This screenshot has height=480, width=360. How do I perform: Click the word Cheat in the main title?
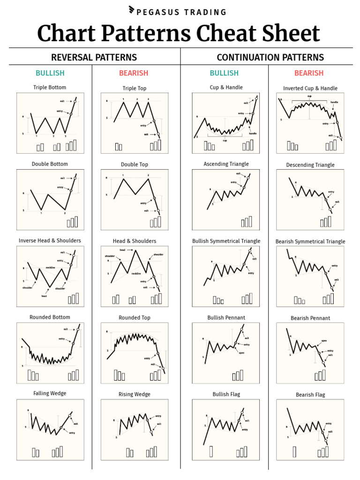pos(225,34)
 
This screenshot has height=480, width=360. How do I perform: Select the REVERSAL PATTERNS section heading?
pos(94,57)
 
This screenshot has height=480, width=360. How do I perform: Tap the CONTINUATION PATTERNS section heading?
pos(270,57)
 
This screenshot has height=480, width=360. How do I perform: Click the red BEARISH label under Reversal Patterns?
pos(134,73)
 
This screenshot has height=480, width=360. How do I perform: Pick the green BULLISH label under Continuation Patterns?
pos(224,73)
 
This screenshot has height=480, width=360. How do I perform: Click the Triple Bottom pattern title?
pos(50,87)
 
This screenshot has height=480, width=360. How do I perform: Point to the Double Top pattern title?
pos(135,165)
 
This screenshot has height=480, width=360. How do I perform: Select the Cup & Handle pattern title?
pos(226,87)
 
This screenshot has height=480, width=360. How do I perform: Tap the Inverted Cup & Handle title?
pos(310,88)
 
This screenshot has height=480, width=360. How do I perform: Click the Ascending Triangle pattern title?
pos(226,164)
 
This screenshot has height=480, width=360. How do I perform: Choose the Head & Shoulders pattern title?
pos(135,241)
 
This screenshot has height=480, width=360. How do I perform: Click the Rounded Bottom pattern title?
pos(50,317)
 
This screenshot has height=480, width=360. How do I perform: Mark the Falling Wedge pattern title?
pos(50,393)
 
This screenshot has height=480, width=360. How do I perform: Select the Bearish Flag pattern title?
pos(310,395)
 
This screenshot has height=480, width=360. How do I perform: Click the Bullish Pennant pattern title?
pos(226,317)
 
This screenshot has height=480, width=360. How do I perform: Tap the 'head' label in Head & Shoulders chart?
pos(122,250)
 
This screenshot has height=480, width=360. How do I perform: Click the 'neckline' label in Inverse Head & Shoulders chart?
pos(52,268)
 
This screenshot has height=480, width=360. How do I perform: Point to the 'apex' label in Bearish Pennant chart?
pos(324,341)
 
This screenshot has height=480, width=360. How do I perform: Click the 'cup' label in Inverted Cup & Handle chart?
pos(309,96)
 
